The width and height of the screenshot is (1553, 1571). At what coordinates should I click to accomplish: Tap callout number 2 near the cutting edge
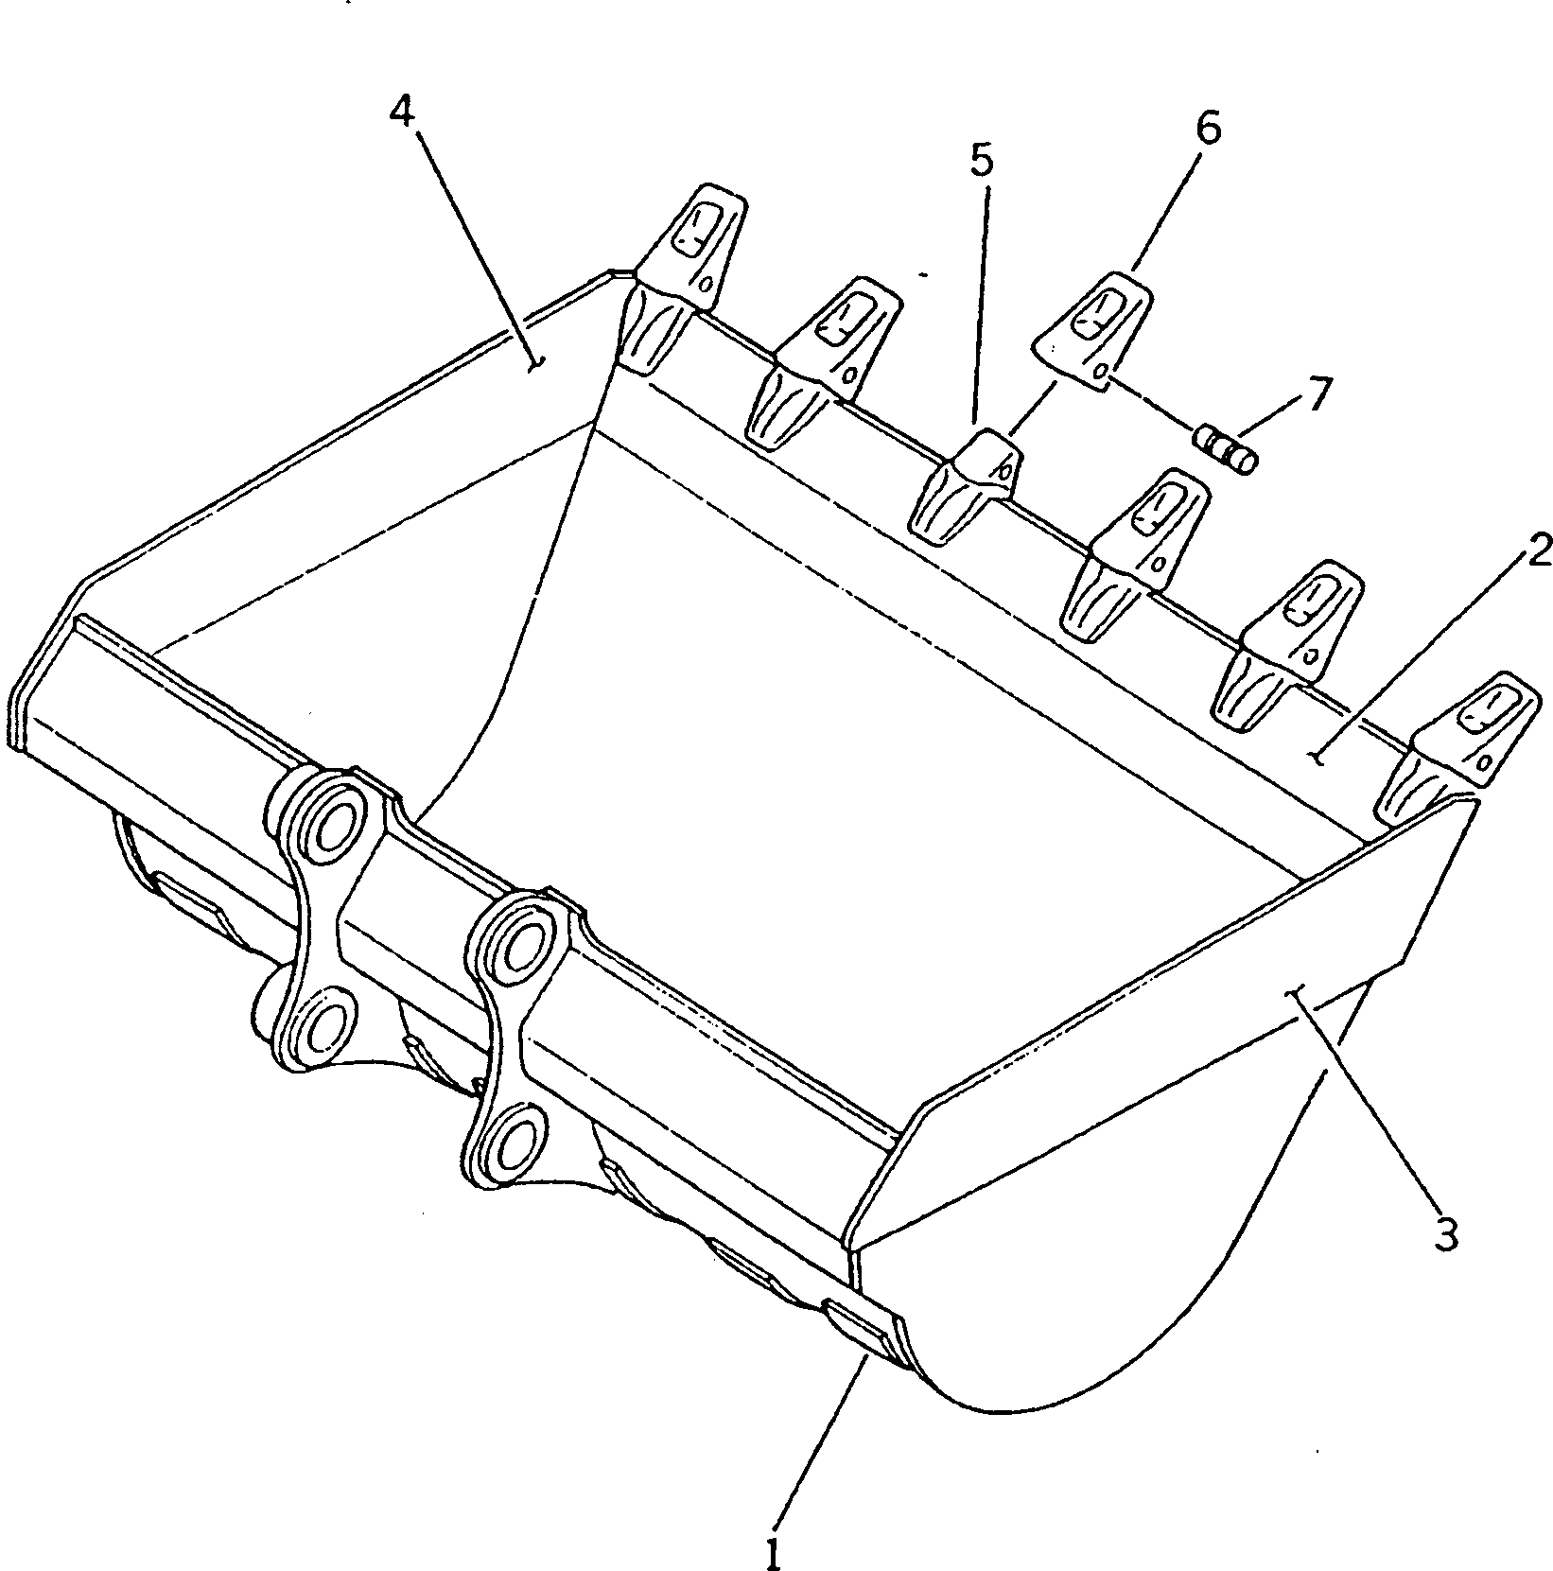[1537, 550]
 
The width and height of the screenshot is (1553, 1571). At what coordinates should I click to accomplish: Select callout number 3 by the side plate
[1445, 1234]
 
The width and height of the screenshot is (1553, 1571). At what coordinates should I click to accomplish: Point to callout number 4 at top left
[401, 113]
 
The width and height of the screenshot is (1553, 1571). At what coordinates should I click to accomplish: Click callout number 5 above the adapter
[982, 162]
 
